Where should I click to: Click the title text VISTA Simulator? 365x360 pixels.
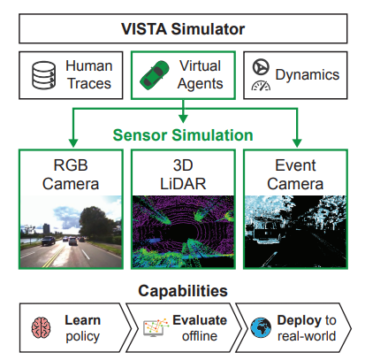(183, 29)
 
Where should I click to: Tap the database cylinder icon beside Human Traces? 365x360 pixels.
(43, 75)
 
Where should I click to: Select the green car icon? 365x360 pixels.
(155, 75)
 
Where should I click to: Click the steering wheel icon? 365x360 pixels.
(261, 66)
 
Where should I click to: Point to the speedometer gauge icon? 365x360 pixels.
(261, 85)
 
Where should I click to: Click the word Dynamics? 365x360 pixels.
(308, 74)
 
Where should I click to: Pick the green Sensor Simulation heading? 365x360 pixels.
(183, 135)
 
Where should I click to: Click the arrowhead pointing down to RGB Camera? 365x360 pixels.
(73, 142)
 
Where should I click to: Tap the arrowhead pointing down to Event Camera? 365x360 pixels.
(297, 142)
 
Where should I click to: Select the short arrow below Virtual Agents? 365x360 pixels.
(183, 111)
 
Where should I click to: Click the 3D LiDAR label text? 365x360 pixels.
(183, 174)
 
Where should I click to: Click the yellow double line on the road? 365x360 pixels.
(55, 256)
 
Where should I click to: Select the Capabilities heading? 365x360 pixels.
(183, 291)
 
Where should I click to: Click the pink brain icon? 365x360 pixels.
(41, 327)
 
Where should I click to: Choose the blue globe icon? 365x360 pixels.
(261, 327)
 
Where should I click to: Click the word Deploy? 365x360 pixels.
(300, 321)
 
